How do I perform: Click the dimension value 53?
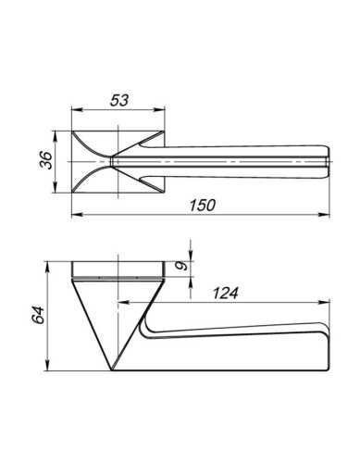coord(119,100)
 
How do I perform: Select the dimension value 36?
coord(46,160)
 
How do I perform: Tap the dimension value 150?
coord(203,206)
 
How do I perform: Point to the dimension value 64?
coord(38,315)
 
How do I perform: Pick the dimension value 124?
coord(226,293)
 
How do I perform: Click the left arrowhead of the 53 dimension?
coord(77,109)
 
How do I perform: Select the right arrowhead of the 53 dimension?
coord(159,109)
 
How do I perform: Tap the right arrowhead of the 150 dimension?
coord(324,214)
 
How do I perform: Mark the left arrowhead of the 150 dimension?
coord(77,214)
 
